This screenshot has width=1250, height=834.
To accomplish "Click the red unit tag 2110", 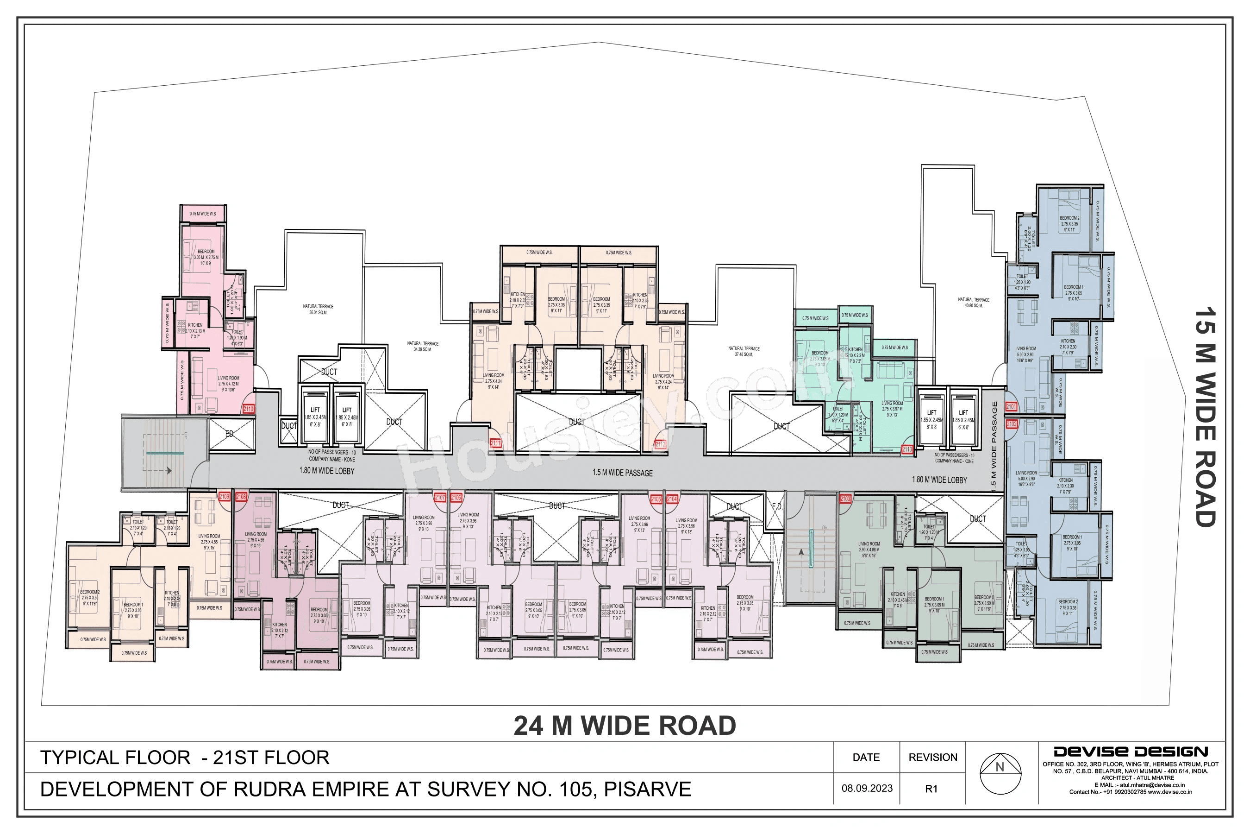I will click(248, 409).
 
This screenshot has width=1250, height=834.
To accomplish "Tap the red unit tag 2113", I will click(907, 449).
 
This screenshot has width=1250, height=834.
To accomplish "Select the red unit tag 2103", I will click(845, 499).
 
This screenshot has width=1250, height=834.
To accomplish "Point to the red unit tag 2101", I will click(1011, 407).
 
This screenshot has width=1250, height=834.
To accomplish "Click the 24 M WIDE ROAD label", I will click(625, 726).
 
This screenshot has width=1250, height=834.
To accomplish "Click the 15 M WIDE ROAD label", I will click(1205, 417).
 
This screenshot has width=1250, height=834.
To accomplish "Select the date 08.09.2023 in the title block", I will click(867, 788).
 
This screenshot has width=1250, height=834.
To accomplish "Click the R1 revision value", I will click(931, 789).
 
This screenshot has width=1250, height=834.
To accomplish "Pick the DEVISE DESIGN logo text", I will click(1131, 752).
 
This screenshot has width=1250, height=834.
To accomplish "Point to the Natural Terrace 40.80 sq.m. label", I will click(974, 302).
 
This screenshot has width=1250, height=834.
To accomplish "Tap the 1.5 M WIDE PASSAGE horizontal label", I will click(622, 473).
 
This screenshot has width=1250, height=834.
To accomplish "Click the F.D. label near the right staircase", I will click(777, 506).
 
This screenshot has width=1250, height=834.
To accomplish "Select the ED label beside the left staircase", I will click(230, 434).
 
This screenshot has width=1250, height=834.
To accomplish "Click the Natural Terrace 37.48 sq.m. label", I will click(744, 351).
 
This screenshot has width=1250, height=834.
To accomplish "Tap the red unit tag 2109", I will click(224, 497).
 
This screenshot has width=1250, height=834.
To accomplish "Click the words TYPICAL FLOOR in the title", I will click(115, 758).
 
